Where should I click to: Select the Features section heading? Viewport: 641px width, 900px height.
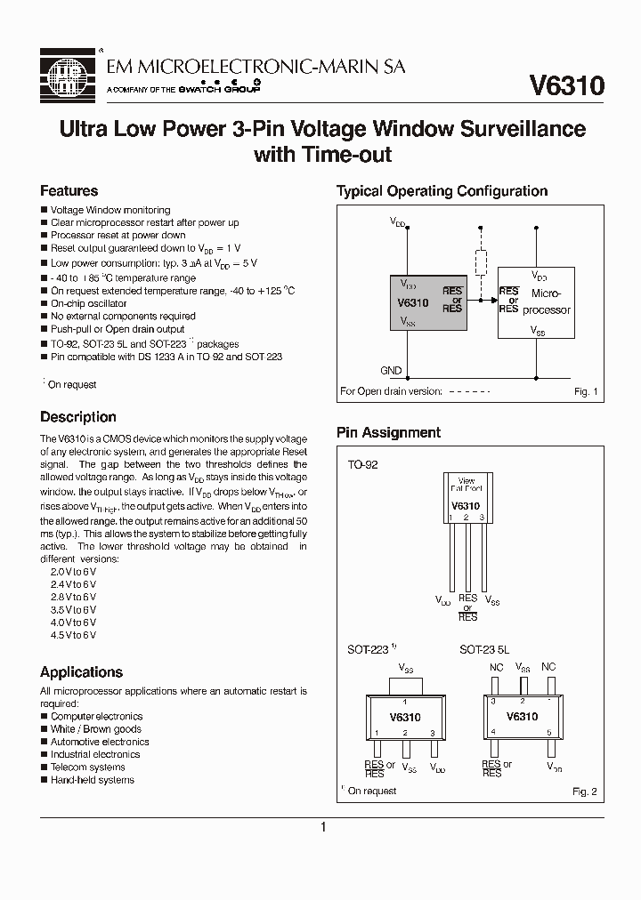tap(69, 191)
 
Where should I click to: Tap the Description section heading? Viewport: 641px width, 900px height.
tap(78, 417)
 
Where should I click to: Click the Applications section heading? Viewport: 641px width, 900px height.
tap(82, 672)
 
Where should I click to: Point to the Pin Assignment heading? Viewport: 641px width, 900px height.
tap(388, 433)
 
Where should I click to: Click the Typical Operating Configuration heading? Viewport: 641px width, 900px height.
tap(442, 191)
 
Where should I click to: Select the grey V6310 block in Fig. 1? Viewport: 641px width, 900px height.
tap(430, 303)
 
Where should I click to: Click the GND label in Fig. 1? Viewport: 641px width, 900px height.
tap(391, 371)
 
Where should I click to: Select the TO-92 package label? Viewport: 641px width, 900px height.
tap(362, 464)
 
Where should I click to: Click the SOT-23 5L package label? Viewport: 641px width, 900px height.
tap(484, 650)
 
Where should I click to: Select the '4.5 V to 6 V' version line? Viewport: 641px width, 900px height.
tap(73, 636)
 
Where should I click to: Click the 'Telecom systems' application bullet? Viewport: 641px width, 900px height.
tap(87, 767)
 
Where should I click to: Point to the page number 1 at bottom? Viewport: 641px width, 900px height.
tap(322, 827)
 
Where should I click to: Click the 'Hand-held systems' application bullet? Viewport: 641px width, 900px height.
tap(92, 780)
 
